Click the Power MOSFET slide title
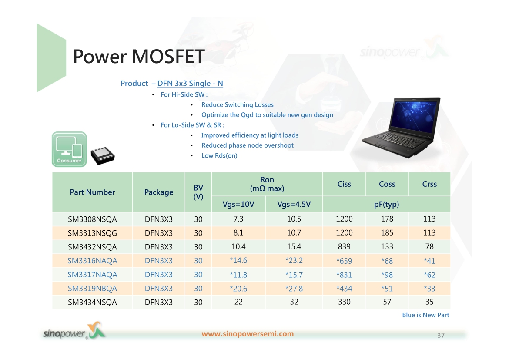pyautogui.click(x=139, y=57)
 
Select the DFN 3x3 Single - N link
pyautogui.click(x=190, y=84)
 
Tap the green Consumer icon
pyautogui.click(x=69, y=149)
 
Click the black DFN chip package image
pyautogui.click(x=103, y=156)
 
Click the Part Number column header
pyautogui.click(x=93, y=192)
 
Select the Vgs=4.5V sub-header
pyautogui.click(x=294, y=204)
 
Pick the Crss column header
pyautogui.click(x=429, y=184)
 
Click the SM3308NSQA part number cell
pyautogui.click(x=92, y=219)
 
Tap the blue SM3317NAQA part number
pyautogui.click(x=92, y=275)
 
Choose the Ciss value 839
pyautogui.click(x=344, y=247)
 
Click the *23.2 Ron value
pyautogui.click(x=294, y=261)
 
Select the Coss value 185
pyautogui.click(x=387, y=233)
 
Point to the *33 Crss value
pyautogui.click(x=429, y=289)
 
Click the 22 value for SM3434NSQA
pyautogui.click(x=238, y=302)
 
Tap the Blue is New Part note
pyautogui.click(x=425, y=315)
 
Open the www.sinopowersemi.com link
pyautogui.click(x=248, y=334)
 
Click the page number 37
pyautogui.click(x=441, y=335)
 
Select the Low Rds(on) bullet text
pyautogui.click(x=219, y=156)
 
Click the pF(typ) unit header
pyautogui.click(x=387, y=204)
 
